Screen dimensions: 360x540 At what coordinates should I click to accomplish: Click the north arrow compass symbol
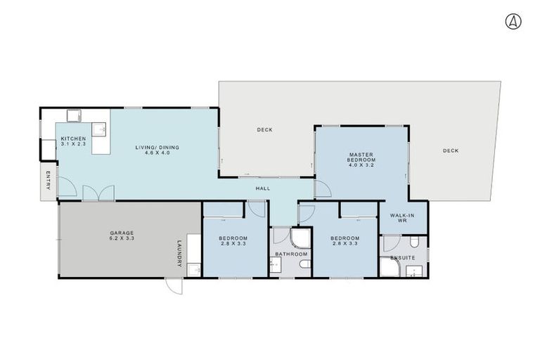[513, 22]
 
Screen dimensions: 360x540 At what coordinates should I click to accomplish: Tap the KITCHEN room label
[72, 139]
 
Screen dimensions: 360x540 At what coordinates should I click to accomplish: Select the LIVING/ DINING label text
[157, 147]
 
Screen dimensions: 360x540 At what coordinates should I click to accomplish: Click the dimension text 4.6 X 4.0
[157, 153]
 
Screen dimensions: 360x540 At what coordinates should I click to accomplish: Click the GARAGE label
[121, 233]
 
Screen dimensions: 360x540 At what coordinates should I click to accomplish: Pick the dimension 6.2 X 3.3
[121, 238]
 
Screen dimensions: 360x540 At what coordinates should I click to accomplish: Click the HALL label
[262, 188]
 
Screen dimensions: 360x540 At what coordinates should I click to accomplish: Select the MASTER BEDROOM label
[361, 157]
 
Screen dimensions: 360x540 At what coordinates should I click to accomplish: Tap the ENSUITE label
[403, 258]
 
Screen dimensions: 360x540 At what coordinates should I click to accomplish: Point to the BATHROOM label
[290, 254]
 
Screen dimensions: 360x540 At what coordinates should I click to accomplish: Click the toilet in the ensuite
[416, 243]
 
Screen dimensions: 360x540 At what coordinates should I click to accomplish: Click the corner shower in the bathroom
[301, 238]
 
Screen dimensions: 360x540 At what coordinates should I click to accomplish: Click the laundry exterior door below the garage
[174, 285]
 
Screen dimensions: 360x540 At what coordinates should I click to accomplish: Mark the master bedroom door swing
[322, 188]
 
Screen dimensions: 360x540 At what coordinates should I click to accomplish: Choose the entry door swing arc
[66, 187]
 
